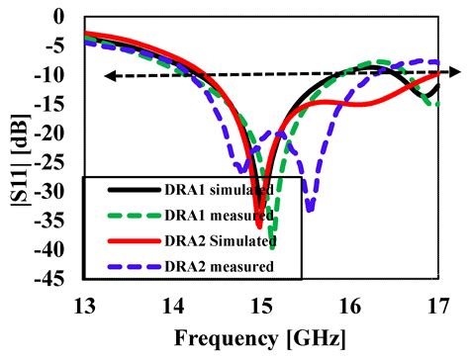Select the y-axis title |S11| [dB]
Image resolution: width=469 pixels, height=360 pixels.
[19, 148]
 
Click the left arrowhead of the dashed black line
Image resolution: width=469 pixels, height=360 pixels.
[105, 76]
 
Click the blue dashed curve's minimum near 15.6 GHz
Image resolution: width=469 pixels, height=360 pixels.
[311, 210]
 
